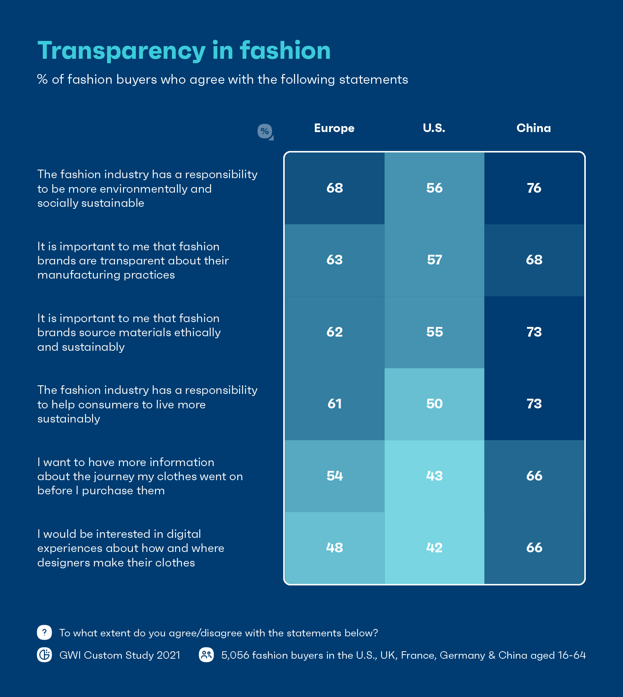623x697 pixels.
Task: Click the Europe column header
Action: [334, 128]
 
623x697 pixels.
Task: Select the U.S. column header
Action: [434, 128]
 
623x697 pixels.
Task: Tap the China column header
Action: [534, 128]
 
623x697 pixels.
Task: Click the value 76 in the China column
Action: [534, 188]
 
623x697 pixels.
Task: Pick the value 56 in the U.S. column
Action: [434, 188]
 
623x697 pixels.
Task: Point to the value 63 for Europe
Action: [335, 260]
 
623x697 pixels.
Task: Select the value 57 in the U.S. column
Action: [434, 260]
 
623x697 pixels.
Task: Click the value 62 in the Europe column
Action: [335, 332]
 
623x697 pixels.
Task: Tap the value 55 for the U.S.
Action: [434, 332]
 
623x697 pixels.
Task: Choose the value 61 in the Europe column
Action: [335, 404]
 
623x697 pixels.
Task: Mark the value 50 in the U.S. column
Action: [434, 404]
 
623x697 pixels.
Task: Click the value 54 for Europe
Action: [335, 476]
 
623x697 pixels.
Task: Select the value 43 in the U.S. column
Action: [434, 476]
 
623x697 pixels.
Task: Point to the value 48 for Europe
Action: [335, 547]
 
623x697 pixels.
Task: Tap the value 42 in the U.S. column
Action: [434, 547]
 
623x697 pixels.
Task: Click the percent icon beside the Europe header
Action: [265, 131]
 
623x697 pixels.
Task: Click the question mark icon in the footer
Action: [44, 632]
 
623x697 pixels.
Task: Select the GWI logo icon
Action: [44, 655]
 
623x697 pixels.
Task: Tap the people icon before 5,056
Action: [207, 655]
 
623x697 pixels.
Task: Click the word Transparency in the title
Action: [121, 51]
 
